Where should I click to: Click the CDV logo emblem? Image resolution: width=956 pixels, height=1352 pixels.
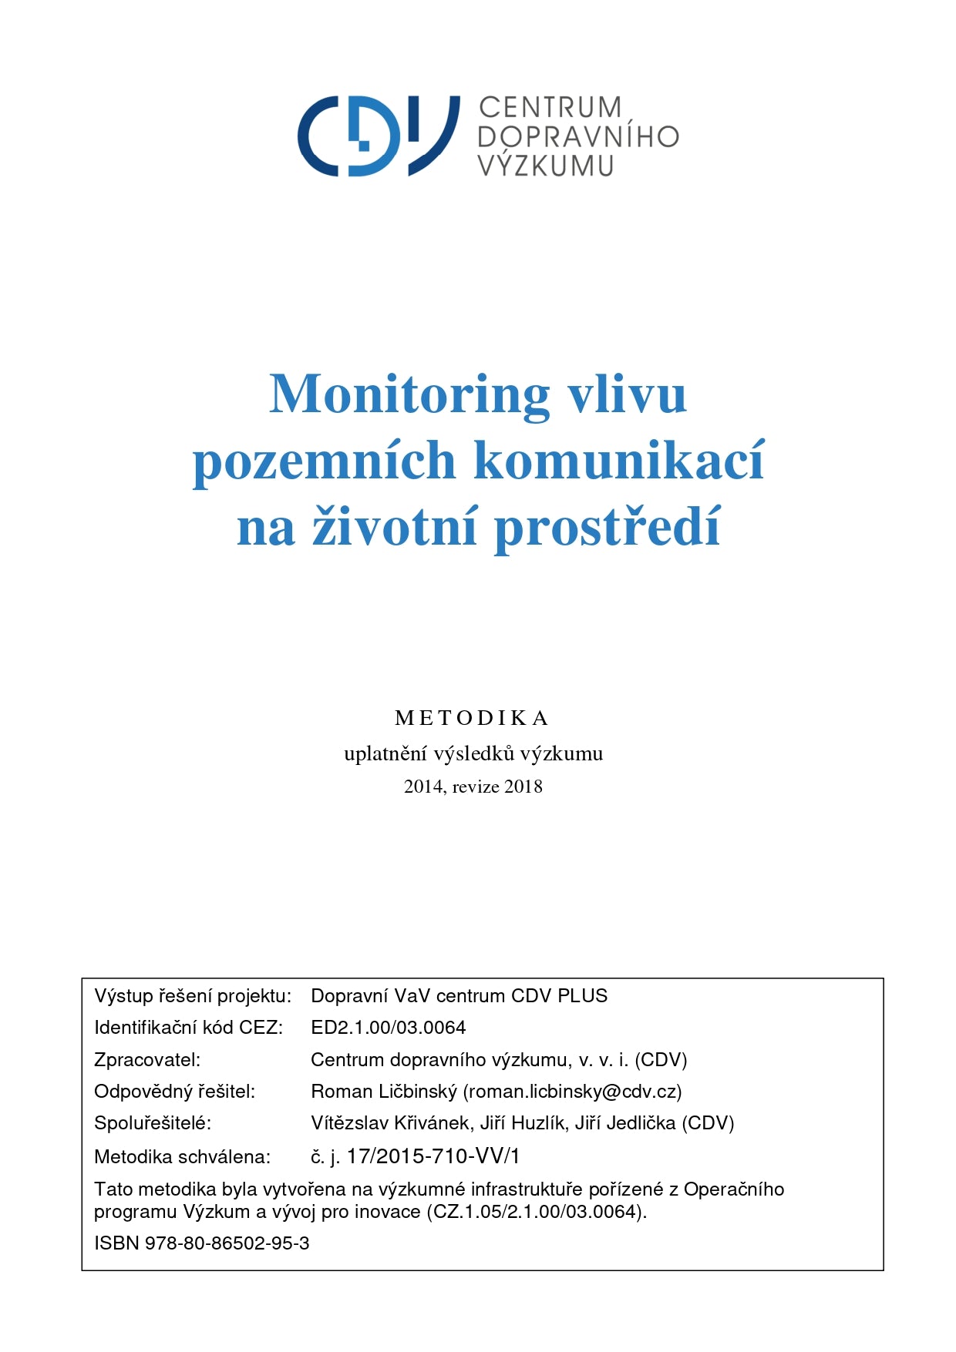point(378,136)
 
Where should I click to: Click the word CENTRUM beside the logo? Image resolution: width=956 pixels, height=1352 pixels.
point(550,107)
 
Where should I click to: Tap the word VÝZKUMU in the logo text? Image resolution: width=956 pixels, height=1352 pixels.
point(545,166)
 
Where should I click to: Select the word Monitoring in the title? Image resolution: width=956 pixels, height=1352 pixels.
point(409,394)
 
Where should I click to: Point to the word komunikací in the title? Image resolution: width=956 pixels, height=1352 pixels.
point(618,461)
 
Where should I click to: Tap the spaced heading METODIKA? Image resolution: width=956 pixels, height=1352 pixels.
point(472,718)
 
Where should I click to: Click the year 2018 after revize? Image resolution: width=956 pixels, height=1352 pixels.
point(523,787)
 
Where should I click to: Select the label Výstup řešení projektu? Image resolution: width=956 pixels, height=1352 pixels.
point(193,996)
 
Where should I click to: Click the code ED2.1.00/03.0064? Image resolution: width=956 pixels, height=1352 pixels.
point(388,1028)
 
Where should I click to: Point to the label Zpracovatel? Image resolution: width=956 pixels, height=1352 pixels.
point(147,1060)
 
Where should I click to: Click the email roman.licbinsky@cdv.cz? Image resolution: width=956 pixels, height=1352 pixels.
point(572,1092)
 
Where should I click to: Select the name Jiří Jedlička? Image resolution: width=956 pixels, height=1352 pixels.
point(625,1123)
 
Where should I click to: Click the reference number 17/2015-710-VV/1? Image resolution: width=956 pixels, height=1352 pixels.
point(433,1156)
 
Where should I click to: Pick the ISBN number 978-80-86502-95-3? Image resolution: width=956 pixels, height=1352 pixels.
point(227,1243)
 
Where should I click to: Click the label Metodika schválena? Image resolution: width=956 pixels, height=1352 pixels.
point(182,1157)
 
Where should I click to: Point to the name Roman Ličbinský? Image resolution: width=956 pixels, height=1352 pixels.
point(383,1092)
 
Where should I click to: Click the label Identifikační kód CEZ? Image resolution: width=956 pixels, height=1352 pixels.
point(189,1028)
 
